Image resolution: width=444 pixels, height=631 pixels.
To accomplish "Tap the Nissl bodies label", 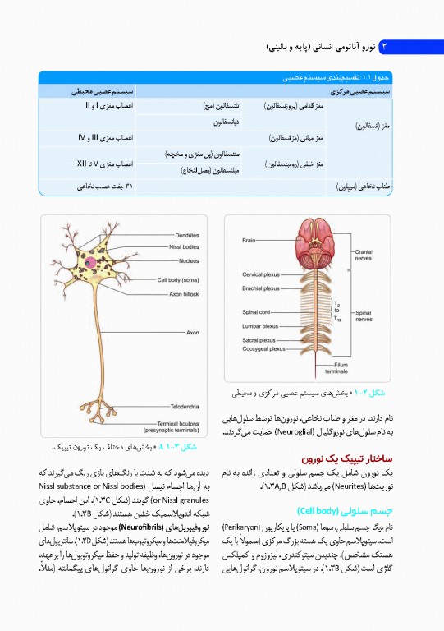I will (x=184, y=246).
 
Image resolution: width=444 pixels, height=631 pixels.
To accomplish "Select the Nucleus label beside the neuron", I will (x=189, y=261).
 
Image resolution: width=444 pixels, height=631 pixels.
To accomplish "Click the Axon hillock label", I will (x=184, y=293).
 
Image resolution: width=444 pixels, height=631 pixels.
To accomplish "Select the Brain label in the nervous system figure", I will (x=249, y=240).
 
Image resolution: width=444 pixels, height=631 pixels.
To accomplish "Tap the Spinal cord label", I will (x=256, y=312).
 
